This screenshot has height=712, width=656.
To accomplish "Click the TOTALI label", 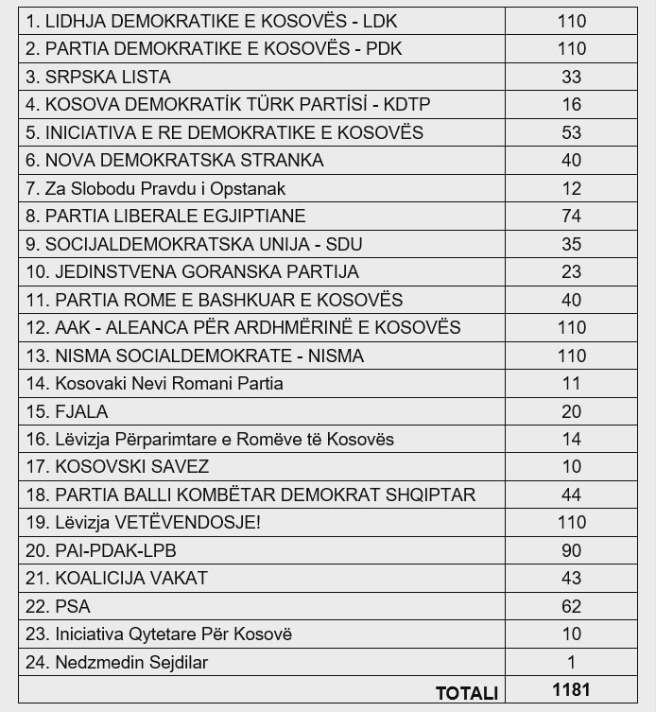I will coord(466,693).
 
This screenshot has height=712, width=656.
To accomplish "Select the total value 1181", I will coord(571,690).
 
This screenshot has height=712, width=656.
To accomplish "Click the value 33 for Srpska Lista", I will coord(571,77).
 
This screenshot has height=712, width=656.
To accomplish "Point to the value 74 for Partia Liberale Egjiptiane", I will coord(571,217).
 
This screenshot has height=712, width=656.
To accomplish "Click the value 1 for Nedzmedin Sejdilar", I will coord(571,663).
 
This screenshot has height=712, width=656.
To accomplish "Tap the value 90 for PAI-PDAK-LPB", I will coord(571,551).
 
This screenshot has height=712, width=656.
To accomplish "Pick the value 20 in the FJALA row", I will coord(571,411).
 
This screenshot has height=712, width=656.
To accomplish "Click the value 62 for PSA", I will coord(571,607).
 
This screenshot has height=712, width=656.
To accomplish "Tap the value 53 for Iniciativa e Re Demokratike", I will coord(571,132).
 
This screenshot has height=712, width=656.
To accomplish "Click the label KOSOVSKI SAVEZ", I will coord(117,467).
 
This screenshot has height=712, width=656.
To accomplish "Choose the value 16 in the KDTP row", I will coord(571,105).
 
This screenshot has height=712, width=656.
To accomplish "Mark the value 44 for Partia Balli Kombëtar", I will coord(571,495).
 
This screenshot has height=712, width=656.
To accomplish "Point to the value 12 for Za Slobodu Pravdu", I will coord(571,188).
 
